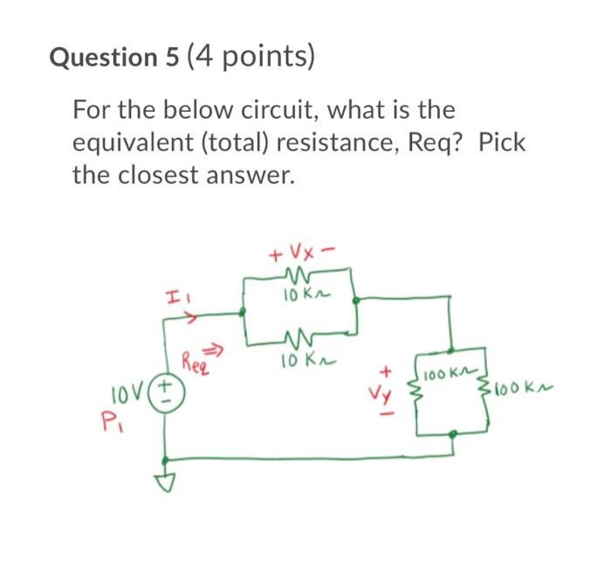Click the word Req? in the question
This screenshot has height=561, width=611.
point(441,143)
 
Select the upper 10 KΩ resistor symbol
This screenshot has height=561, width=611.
point(299,280)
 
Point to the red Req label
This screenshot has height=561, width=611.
point(196,358)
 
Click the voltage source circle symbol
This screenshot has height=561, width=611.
point(163,385)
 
